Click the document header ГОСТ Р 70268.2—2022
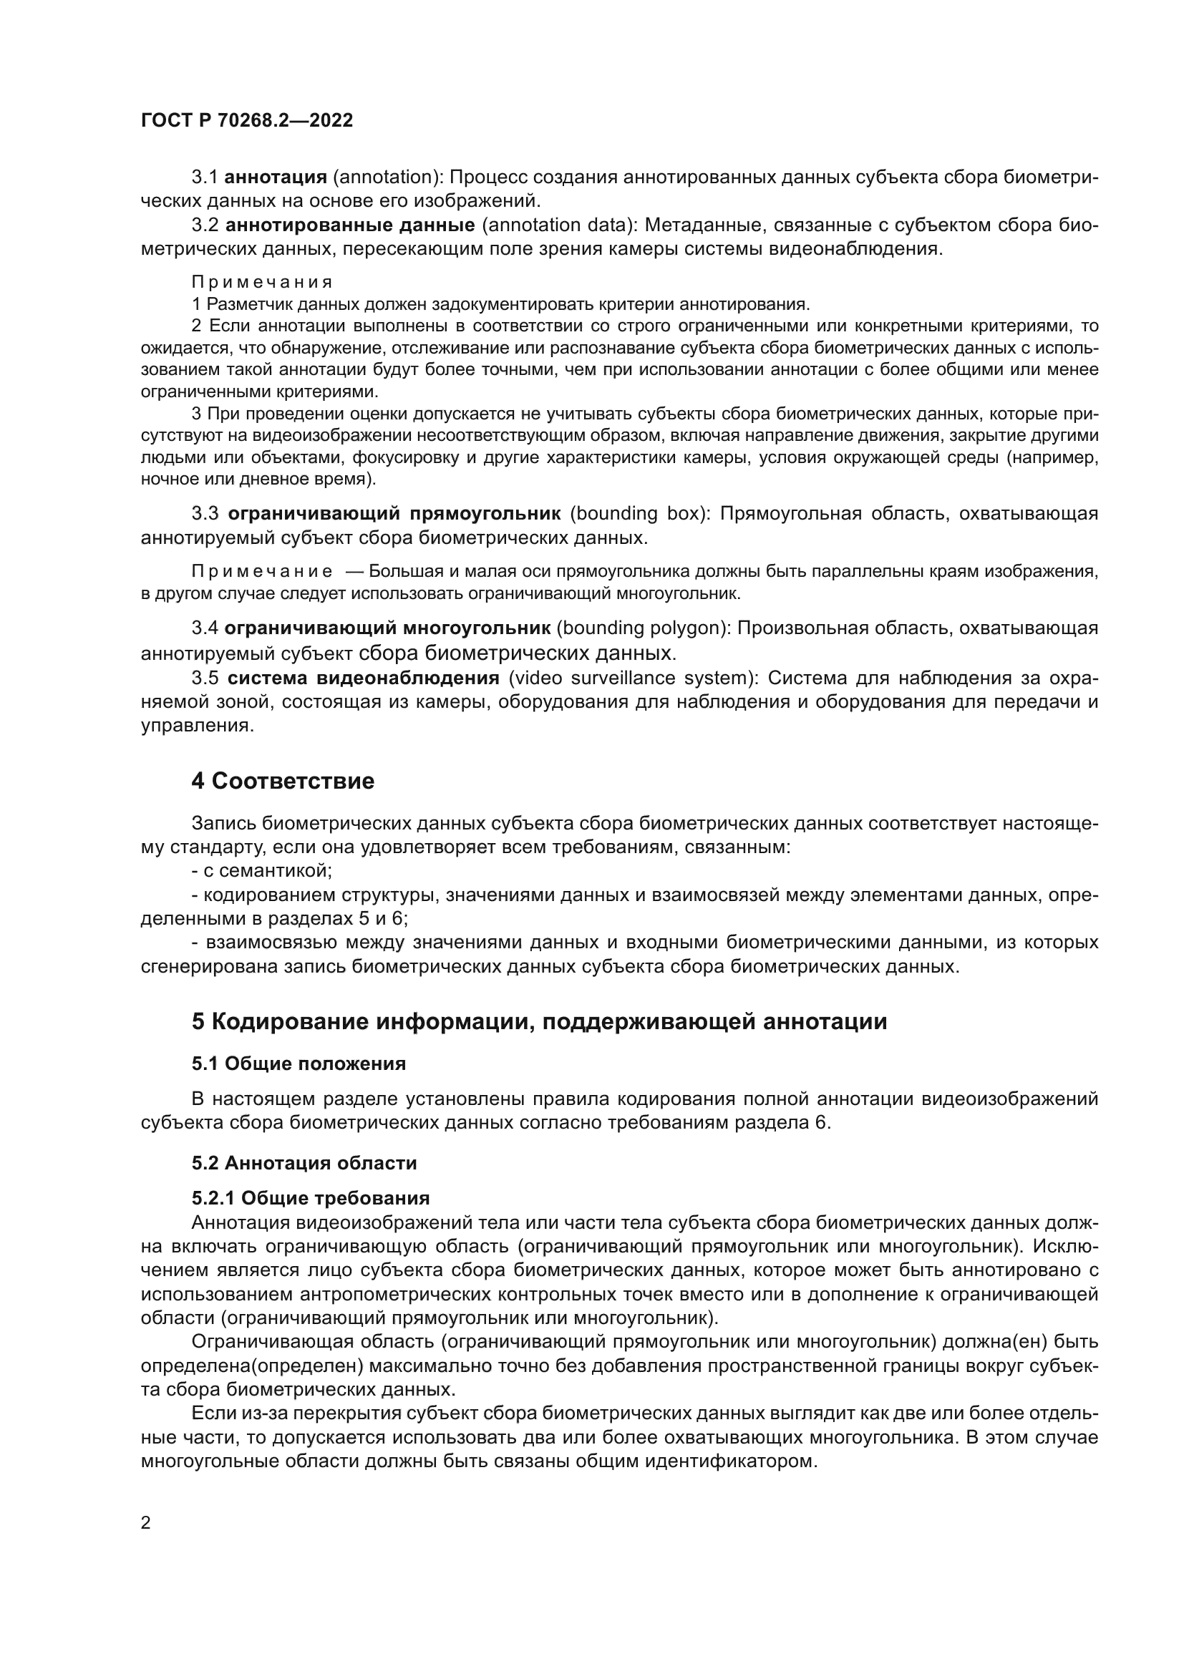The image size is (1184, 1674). point(246,121)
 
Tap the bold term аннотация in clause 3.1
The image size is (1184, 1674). point(275,177)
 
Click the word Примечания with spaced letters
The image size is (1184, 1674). point(262,282)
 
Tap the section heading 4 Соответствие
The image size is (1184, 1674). point(282,782)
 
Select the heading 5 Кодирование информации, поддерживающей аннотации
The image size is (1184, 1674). point(539,1021)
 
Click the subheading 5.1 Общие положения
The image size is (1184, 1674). point(299,1064)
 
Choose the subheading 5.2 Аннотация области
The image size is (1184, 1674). point(304,1163)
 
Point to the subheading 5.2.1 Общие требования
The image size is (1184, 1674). point(310,1198)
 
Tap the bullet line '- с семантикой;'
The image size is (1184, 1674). point(262,870)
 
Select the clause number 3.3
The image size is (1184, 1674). point(205,514)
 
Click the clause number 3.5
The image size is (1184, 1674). point(205,678)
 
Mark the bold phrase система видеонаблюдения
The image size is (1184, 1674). point(363,678)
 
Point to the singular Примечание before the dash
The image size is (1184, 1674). point(262,572)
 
